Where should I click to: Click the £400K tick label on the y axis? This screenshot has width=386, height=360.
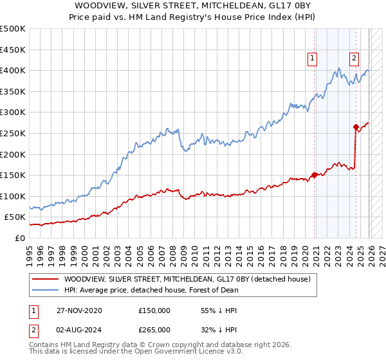[13, 71]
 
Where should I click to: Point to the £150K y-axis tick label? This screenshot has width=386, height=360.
[13, 175]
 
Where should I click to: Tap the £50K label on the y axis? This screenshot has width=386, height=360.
[15, 217]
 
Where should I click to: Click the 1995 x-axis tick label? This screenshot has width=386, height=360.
[30, 251]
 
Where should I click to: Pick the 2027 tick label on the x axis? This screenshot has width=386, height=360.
[379, 251]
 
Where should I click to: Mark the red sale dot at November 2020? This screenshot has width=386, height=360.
[314, 175]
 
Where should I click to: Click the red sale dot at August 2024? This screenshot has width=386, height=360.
[356, 127]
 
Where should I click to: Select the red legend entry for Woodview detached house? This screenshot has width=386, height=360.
[187, 279]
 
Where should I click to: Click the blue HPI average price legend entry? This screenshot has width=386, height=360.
[151, 290]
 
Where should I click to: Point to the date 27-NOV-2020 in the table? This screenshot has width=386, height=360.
[79, 310]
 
